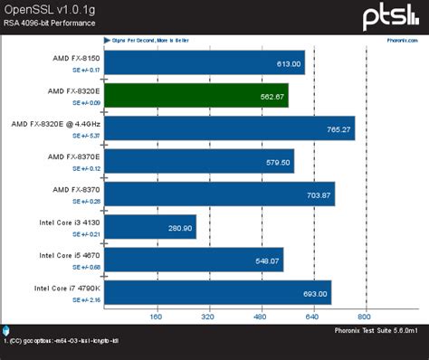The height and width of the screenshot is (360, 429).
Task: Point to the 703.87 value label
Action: pos(314,194)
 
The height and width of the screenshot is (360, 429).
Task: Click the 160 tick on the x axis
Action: pos(155,317)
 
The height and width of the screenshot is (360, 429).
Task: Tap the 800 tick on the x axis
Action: pos(365,317)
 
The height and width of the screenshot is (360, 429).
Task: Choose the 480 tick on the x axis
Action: pos(260,317)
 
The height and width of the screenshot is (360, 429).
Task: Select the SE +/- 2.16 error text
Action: pos(87,298)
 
